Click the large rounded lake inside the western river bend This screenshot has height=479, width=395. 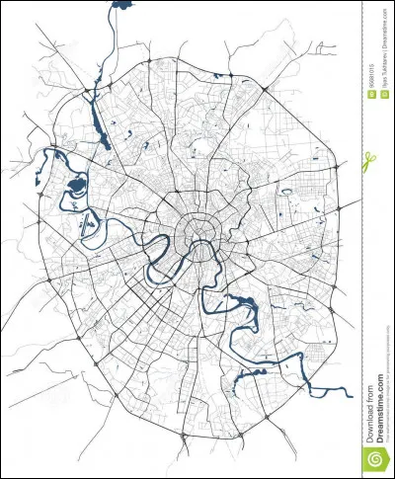coord(75,185)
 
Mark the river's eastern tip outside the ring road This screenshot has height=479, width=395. coord(349,392)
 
